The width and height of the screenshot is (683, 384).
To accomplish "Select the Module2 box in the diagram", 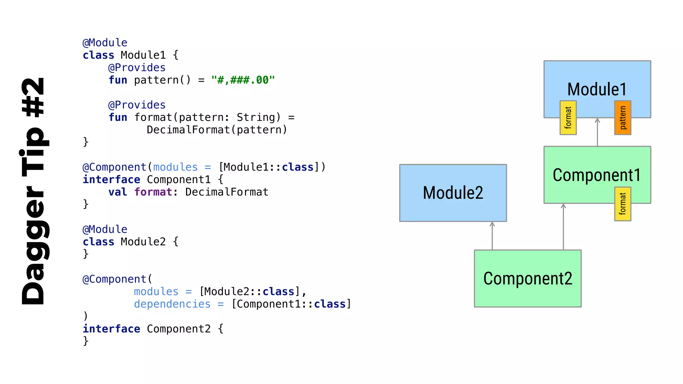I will click(x=453, y=193).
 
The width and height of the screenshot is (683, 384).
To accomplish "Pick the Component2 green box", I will click(x=528, y=278).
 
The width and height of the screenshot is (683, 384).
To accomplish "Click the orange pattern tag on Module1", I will click(x=623, y=118).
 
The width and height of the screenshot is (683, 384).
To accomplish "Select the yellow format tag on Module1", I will click(x=568, y=118).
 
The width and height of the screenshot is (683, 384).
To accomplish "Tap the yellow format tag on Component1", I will click(x=623, y=204).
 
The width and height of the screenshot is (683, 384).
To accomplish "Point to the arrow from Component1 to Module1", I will click(x=597, y=132).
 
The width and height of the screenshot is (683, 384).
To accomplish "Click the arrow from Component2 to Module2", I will click(x=492, y=236).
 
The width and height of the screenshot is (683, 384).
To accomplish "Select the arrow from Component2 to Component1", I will click(x=563, y=227).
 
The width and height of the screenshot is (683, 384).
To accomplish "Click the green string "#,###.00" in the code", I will click(x=243, y=80).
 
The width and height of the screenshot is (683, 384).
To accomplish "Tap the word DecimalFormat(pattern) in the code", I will click(x=217, y=130).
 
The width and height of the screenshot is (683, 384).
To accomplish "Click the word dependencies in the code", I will click(x=172, y=304).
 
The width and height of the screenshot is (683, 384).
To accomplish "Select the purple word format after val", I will click(x=153, y=192).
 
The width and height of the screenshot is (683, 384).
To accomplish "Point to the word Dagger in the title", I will click(x=33, y=245).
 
